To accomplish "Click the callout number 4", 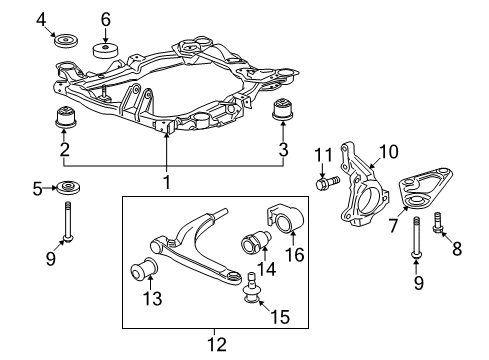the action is point(41,20).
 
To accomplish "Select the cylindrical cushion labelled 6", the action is point(105,51).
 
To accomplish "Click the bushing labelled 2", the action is point(66,116).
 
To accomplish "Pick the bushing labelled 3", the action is point(283,109).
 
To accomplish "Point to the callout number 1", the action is point(167,182).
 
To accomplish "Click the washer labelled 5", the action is point(69,187).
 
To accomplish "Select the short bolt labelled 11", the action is point(327,182).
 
